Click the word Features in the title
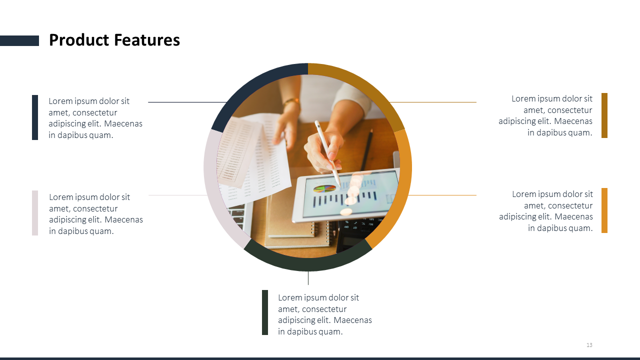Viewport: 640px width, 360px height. click(x=147, y=40)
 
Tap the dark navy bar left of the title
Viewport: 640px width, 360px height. click(x=19, y=40)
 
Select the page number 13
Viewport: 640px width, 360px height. click(x=589, y=345)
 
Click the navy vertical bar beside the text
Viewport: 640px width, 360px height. click(x=35, y=117)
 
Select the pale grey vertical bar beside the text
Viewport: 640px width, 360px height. click(x=35, y=213)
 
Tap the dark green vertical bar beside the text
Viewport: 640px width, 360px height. click(x=265, y=312)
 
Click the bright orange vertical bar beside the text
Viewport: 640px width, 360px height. click(x=604, y=210)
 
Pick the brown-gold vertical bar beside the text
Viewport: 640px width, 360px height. click(x=604, y=115)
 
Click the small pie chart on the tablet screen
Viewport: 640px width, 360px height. click(x=324, y=188)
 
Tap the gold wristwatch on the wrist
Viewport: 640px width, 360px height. click(x=291, y=101)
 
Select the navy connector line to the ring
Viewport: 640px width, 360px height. click(x=187, y=102)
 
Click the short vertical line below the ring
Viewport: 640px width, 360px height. click(x=308, y=277)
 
